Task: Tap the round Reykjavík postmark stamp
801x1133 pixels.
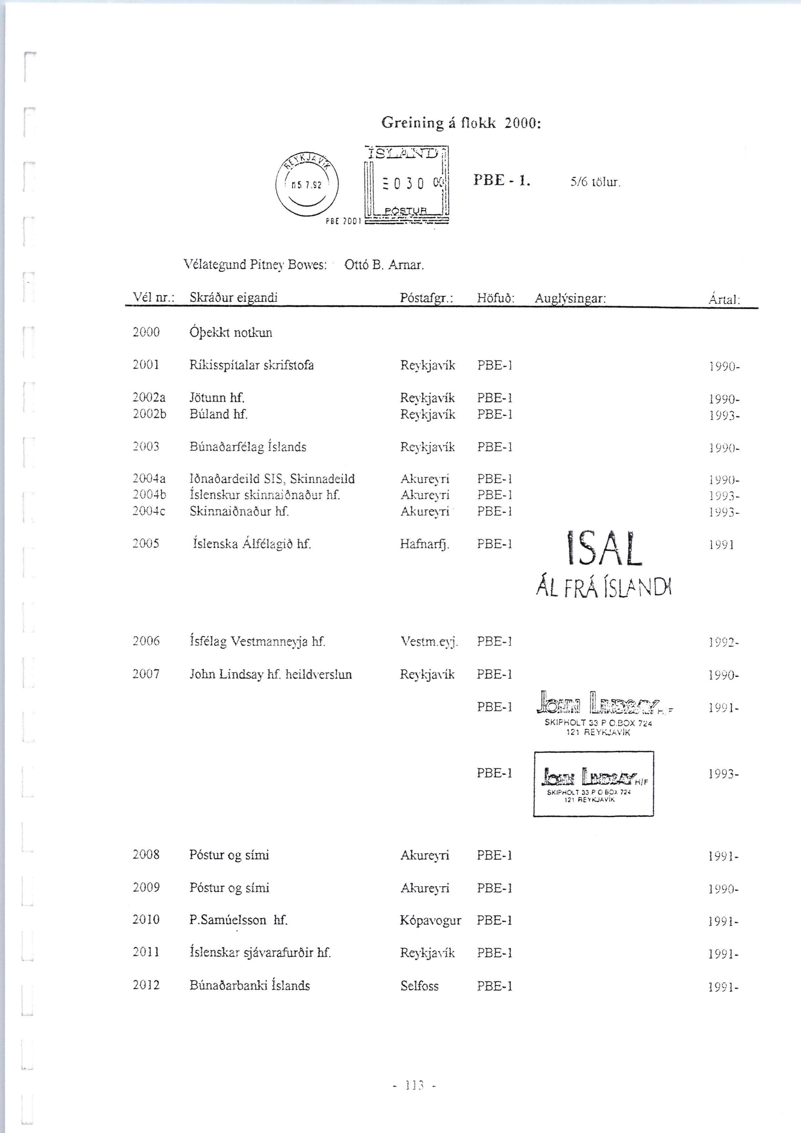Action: point(307,185)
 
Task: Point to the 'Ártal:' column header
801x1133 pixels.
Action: point(724,299)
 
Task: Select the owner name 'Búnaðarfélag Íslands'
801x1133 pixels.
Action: point(248,447)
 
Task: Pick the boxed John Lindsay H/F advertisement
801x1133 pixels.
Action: point(593,784)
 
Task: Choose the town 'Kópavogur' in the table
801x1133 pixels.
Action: point(430,920)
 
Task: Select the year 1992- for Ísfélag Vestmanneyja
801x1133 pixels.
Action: point(723,642)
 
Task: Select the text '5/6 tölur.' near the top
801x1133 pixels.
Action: point(595,182)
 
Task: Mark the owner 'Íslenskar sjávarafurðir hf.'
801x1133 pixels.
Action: point(260,953)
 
